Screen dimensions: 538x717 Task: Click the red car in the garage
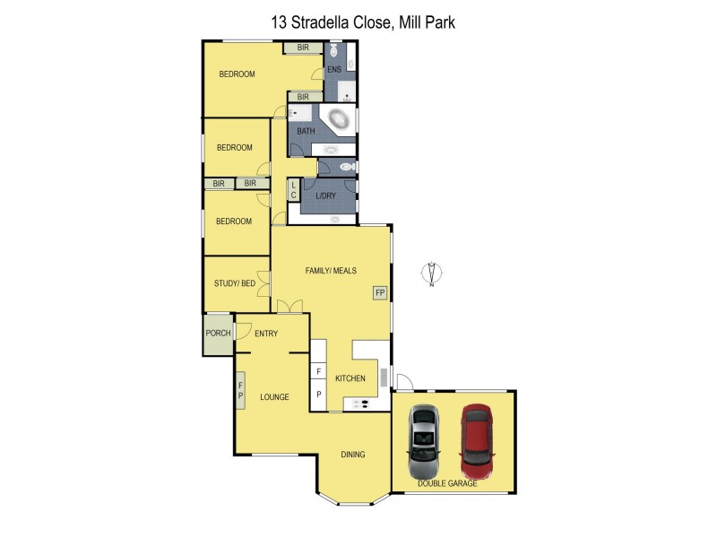coord(477,440)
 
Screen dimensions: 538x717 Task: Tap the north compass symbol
coord(432,274)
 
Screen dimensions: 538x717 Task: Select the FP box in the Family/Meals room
coord(379,292)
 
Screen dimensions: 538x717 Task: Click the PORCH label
coord(218,334)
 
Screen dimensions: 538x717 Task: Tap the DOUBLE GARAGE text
coord(447,484)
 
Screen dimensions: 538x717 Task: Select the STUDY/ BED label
coord(235,283)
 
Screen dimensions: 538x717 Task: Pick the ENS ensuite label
coord(333,70)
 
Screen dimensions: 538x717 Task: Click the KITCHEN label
coord(350,379)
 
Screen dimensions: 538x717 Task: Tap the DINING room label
coord(353,455)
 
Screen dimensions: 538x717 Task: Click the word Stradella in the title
coord(345,22)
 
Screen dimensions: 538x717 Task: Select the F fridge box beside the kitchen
coord(318,371)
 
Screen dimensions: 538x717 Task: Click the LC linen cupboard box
coord(293,189)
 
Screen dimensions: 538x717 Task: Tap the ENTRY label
coord(266,334)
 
